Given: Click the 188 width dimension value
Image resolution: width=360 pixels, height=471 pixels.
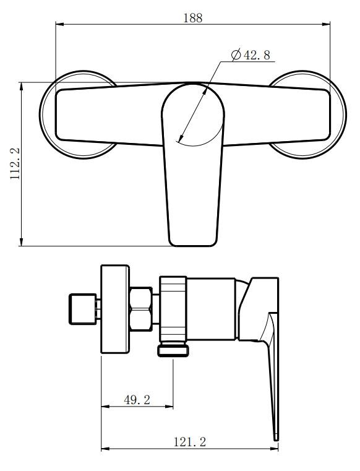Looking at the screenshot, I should coord(192,18).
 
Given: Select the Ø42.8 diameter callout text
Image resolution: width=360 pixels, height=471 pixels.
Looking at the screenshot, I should coord(251,56).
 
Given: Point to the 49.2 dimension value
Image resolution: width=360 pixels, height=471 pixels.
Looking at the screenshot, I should coord(137,400).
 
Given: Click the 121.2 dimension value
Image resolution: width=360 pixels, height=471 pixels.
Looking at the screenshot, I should coord(190,441).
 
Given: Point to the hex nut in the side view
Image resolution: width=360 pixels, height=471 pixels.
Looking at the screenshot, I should coord(144,309).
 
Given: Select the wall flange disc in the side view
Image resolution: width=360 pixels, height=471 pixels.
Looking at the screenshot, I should coord(115,309).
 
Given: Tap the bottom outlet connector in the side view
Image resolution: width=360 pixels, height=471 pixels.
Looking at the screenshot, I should coord(173,351).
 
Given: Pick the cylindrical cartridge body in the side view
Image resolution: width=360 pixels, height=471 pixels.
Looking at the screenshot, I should coord(210,309).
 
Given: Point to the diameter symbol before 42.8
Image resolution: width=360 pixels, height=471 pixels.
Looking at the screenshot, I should coord(236,56).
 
